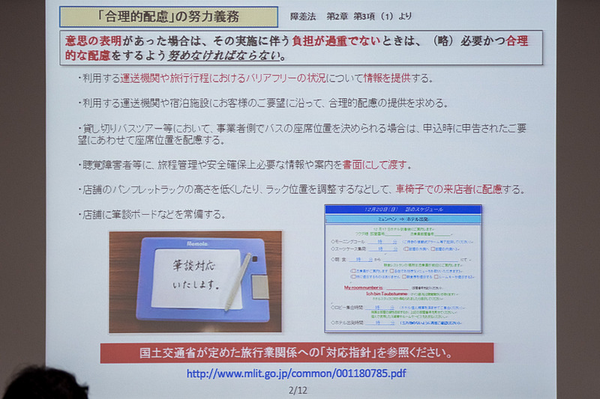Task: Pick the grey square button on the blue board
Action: click(259, 285)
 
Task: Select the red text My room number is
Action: click(373, 286)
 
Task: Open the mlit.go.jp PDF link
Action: click(296, 373)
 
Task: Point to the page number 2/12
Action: click(297, 390)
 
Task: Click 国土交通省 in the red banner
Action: click(169, 352)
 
